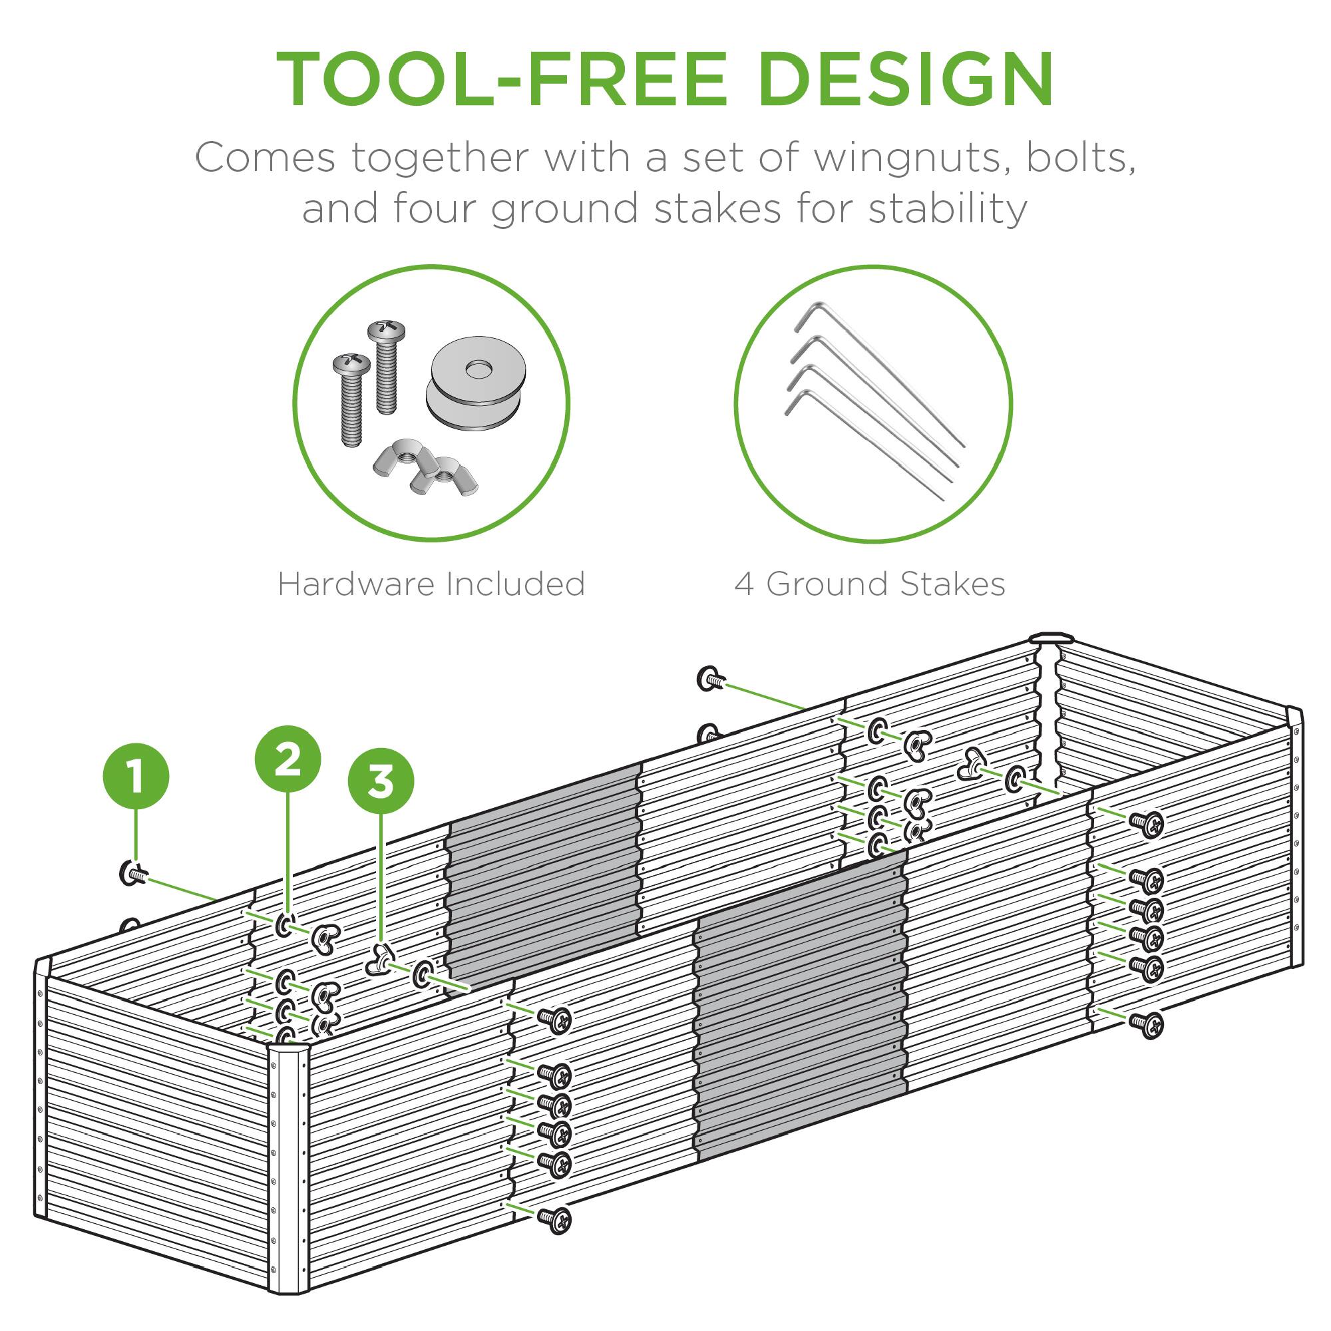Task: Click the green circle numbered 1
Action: click(x=136, y=777)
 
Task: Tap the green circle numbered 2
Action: click(x=288, y=760)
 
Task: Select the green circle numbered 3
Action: click(x=381, y=781)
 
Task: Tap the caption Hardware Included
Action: click(x=431, y=584)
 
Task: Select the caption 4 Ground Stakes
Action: click(x=870, y=584)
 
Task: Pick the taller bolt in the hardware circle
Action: click(x=387, y=365)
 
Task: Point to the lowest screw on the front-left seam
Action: click(x=554, y=1219)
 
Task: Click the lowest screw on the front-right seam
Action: click(x=1147, y=1024)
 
